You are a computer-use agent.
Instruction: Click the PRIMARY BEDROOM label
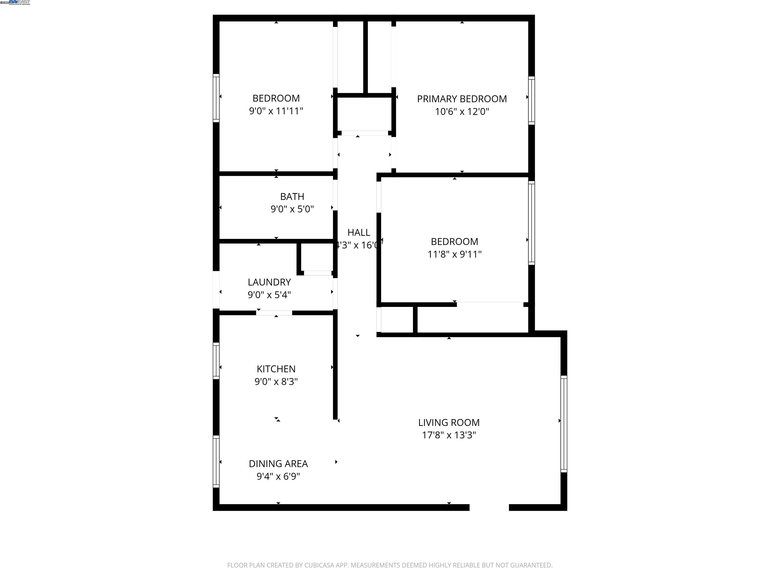tap(462, 99)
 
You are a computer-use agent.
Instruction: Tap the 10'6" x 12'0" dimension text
tap(462, 112)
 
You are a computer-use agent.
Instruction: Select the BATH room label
tap(292, 197)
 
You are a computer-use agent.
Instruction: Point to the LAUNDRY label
tap(269, 282)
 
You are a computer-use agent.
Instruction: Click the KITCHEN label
tap(276, 369)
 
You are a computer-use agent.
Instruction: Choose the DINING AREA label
tap(278, 464)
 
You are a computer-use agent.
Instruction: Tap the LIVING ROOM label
tap(449, 422)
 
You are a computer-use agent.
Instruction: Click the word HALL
tap(359, 232)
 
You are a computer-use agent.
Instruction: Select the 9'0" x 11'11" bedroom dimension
tap(276, 111)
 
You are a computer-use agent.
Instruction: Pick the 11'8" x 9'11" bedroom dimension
tap(454, 254)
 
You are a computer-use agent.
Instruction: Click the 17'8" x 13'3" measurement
tap(449, 435)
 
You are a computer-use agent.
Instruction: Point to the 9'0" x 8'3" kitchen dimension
tap(276, 382)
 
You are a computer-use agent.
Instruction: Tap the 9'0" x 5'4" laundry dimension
tap(269, 295)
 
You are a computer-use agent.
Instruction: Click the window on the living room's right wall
tap(563, 424)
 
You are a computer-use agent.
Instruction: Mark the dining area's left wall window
tap(216, 461)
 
